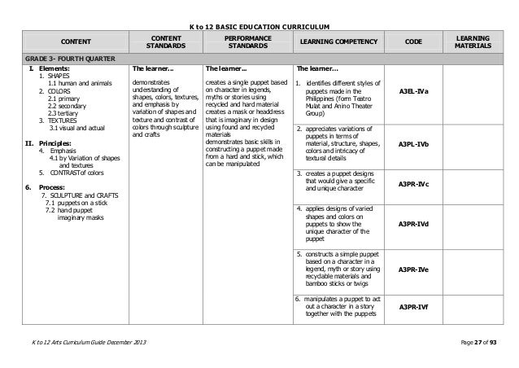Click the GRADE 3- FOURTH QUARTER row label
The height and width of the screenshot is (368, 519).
pos(63,60)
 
